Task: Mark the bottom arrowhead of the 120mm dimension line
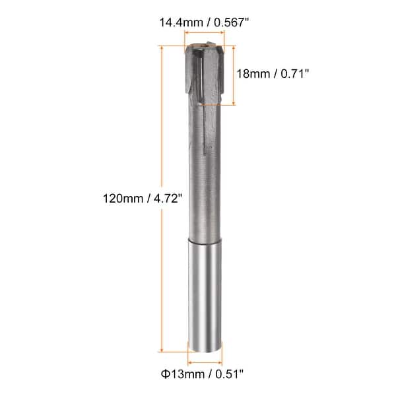[161, 350]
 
